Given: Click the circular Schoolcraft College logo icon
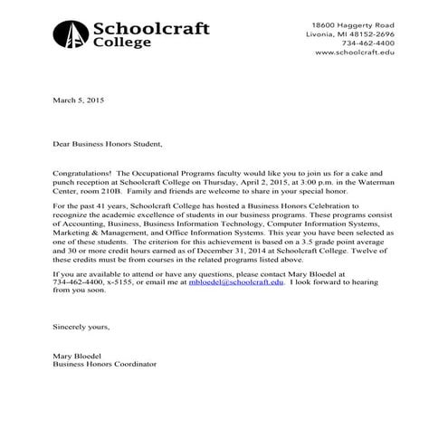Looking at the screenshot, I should coord(71,33).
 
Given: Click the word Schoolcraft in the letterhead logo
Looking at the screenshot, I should coord(150,28).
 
